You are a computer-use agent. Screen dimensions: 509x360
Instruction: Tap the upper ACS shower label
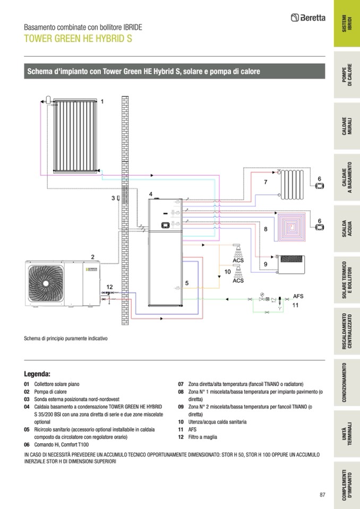coord(238,260)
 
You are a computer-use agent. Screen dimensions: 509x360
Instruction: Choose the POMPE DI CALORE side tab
coord(346,76)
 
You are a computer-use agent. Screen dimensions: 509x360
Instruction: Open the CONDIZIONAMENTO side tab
coord(346,382)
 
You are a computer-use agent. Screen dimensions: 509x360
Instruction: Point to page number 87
coord(322,495)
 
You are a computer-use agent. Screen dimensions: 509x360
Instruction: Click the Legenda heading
coord(37,374)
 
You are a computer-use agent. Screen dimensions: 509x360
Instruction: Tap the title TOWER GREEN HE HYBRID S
coord(78,39)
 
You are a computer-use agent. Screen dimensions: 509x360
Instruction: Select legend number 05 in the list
coord(27,429)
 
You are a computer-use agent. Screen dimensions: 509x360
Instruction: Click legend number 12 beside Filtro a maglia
coord(181,437)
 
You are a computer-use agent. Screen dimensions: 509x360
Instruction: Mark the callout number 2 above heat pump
coord(92,257)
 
